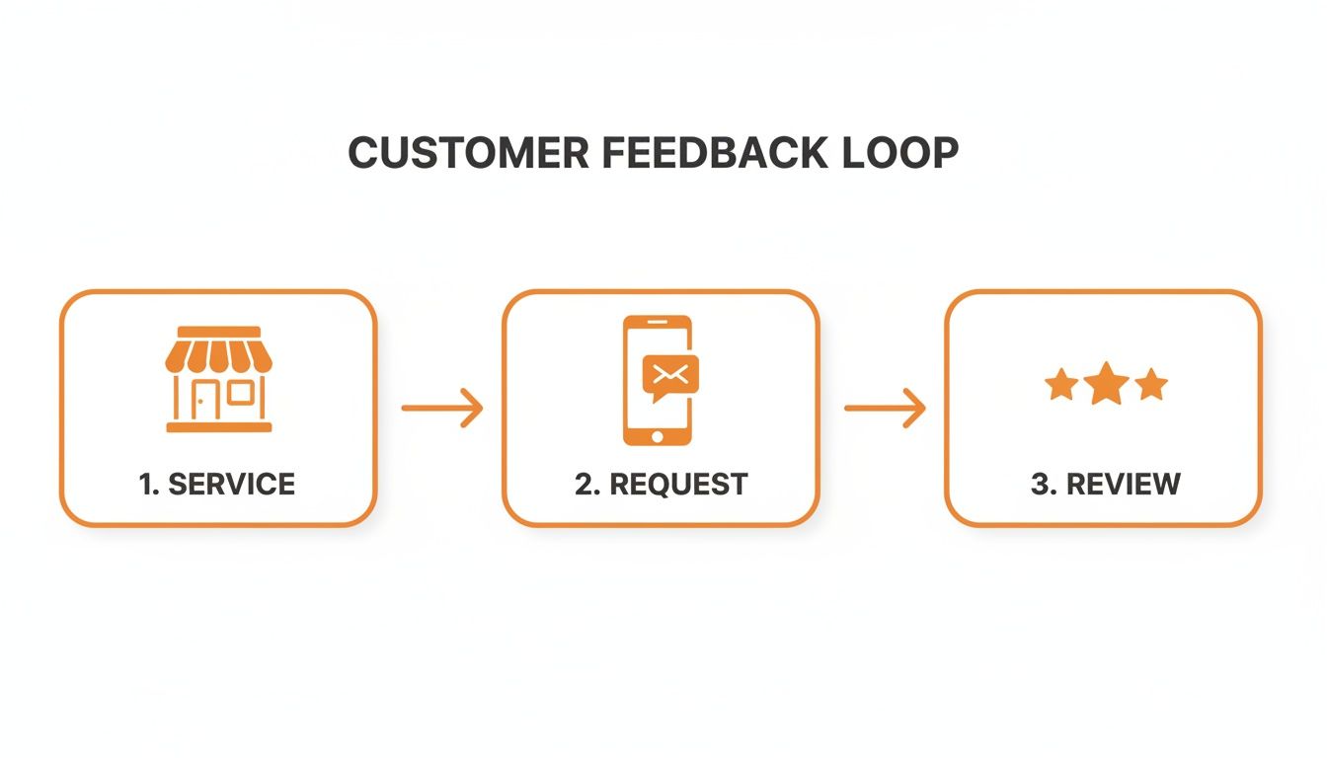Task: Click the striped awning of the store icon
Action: tap(218, 350)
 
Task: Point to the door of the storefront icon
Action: tap(203, 400)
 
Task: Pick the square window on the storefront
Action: tap(241, 394)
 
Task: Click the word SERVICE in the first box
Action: tap(231, 484)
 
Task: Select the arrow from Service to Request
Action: tap(442, 408)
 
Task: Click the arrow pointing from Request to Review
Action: tap(885, 408)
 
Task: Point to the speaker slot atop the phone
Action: tap(658, 326)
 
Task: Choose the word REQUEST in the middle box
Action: tap(678, 484)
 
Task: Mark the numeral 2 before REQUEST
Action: tap(584, 484)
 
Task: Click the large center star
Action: tap(1106, 383)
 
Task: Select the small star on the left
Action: tap(1061, 385)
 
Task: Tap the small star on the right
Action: tap(1151, 385)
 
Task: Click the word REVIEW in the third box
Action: tap(1123, 484)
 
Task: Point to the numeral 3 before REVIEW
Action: tap(1039, 484)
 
